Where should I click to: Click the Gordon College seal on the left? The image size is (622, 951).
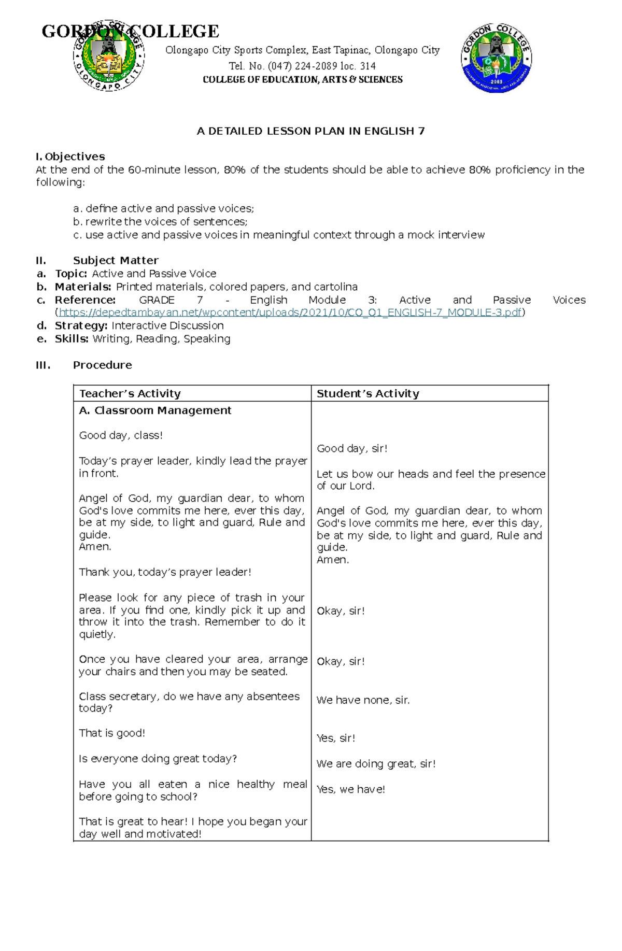(x=109, y=58)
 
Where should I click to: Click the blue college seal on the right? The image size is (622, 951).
(x=496, y=58)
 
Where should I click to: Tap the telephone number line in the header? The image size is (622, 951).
(x=302, y=66)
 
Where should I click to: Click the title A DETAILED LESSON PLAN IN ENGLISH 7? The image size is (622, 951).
(x=310, y=131)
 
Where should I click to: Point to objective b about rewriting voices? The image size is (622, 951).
(x=161, y=222)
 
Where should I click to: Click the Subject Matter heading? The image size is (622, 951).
(x=116, y=260)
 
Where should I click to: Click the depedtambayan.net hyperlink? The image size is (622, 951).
(x=290, y=313)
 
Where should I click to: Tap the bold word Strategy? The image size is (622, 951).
(x=81, y=325)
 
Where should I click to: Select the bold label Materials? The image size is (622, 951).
(x=83, y=287)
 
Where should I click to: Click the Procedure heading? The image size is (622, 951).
(x=102, y=365)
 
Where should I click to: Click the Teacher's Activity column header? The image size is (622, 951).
(x=130, y=393)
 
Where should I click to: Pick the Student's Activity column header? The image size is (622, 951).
(x=367, y=393)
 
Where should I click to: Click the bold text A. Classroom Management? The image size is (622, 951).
(x=155, y=410)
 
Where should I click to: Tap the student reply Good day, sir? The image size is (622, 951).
(x=352, y=448)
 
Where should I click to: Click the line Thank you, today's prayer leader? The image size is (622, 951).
(x=165, y=572)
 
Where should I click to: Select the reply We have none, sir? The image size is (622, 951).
(x=363, y=700)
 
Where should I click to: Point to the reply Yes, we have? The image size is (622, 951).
(x=351, y=789)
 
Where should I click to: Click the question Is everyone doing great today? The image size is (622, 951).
(x=158, y=759)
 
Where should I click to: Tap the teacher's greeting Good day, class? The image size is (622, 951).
(x=121, y=435)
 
